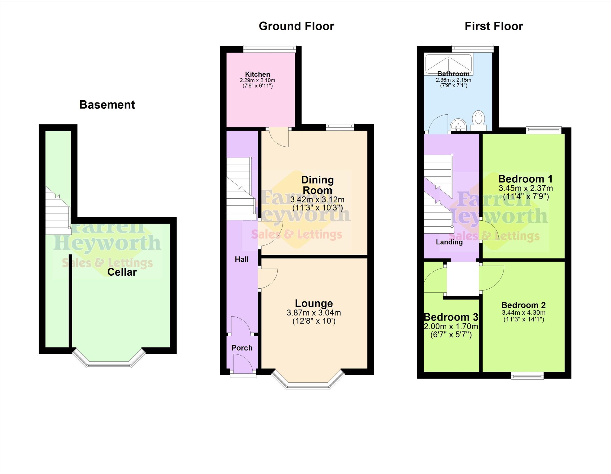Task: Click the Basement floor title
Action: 107,105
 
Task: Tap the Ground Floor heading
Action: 296,26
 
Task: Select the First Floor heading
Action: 494,26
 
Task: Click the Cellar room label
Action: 122,272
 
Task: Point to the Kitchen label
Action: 258,74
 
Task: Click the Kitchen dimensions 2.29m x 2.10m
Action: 257,80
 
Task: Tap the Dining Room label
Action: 317,185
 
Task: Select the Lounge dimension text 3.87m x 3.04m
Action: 314,312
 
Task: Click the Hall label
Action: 242,259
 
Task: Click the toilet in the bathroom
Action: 479,120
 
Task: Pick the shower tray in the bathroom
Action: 448,65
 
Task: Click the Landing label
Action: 449,242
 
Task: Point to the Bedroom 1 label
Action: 526,179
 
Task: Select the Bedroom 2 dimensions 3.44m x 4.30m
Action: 524,313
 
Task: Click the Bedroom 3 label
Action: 451,317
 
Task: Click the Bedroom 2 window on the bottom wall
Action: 527,376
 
